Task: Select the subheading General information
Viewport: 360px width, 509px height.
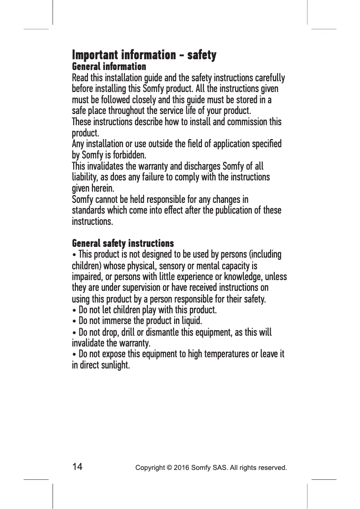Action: (109, 67)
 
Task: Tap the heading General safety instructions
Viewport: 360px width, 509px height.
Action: (123, 244)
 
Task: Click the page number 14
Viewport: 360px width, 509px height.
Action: (77, 467)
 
